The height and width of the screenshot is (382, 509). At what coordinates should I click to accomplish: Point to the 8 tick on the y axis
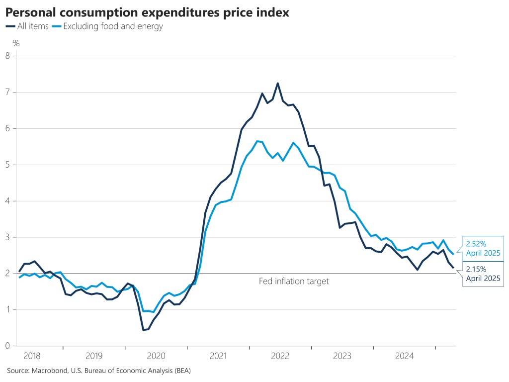tap(7, 56)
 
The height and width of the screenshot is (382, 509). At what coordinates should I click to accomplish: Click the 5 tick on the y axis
tap(7, 165)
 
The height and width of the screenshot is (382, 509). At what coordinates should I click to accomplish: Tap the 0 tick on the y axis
tap(7, 346)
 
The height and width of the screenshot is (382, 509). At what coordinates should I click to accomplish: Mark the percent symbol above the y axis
tap(16, 43)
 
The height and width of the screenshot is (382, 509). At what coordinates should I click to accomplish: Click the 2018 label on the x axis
tap(31, 356)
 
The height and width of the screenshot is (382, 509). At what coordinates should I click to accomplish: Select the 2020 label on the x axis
tap(156, 356)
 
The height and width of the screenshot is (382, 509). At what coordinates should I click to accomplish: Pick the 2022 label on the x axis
tap(280, 356)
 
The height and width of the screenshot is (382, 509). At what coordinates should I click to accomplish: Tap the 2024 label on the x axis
tap(405, 356)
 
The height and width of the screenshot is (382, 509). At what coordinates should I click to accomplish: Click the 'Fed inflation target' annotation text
tap(294, 282)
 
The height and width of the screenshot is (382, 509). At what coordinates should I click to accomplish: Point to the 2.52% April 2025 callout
tap(482, 248)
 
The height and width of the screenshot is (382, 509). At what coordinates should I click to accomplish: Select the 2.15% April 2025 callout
tap(482, 274)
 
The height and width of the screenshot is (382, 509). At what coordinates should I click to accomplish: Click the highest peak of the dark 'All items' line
tap(277, 83)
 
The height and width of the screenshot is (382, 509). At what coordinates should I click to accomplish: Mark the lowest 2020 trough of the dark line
tap(143, 330)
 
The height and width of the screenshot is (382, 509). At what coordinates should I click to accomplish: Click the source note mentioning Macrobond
tap(99, 371)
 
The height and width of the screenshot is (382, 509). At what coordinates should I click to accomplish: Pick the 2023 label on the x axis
tap(342, 356)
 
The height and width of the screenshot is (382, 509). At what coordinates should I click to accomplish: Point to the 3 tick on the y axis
tap(7, 237)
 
